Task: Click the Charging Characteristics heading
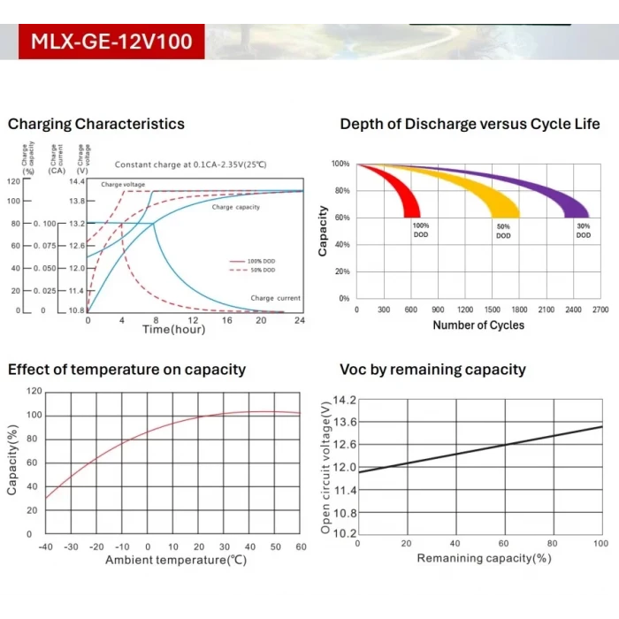point(96,124)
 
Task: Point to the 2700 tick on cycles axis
point(600,310)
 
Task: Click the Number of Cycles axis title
point(478,325)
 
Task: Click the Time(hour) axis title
point(174,330)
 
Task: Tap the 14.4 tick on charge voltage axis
point(77,181)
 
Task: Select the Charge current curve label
point(276,299)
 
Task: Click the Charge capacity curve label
point(235,207)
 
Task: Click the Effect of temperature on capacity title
point(127,370)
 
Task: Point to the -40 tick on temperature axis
point(45,547)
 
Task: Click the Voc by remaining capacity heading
point(432,370)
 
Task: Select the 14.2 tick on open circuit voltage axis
point(344,401)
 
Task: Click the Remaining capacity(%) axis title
point(484,559)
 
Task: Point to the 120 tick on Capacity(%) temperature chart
point(34,391)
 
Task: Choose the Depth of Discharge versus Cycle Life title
point(464,124)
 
